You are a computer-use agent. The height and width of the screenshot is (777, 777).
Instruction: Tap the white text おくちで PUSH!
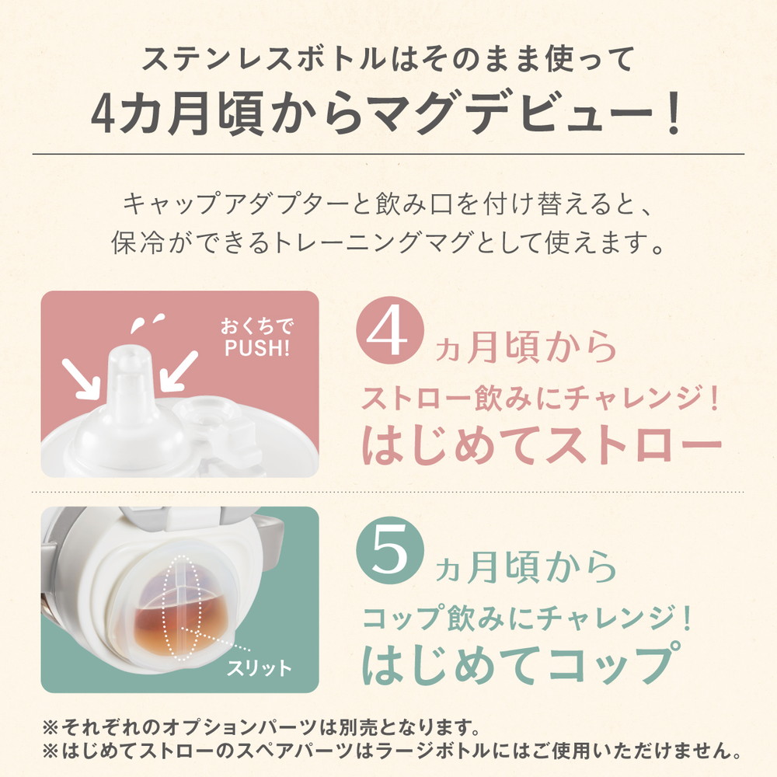point(256,336)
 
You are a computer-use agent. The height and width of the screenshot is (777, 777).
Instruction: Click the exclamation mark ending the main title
point(671,114)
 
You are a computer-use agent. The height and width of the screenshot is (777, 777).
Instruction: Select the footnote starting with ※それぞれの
point(261,729)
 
